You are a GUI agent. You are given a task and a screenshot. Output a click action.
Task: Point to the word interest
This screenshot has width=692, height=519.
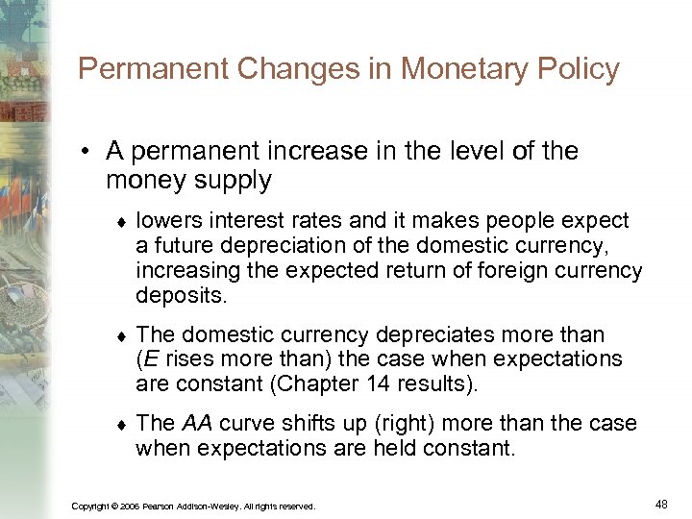pyautogui.click(x=230, y=221)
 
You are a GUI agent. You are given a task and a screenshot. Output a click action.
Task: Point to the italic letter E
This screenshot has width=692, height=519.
pyautogui.click(x=150, y=359)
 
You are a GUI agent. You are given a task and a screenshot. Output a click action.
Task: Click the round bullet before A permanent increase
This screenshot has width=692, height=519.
pyautogui.click(x=86, y=152)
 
